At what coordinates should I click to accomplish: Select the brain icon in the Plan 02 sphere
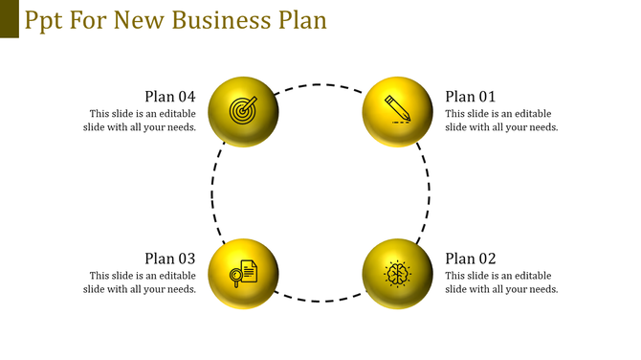(397, 273)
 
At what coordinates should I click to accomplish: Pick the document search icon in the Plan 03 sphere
(243, 273)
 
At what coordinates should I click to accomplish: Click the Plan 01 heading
(471, 96)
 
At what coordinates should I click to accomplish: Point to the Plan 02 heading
(471, 258)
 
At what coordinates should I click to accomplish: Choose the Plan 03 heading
(170, 258)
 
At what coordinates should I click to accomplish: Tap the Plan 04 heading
(170, 96)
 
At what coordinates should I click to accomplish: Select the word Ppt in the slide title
(46, 20)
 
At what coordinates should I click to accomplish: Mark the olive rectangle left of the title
(9, 19)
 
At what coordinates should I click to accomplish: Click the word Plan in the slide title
(298, 19)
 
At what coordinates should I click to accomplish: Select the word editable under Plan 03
(176, 276)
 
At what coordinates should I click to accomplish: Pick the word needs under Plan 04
(180, 127)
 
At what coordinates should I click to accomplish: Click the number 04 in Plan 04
(186, 96)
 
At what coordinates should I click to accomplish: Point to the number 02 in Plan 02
(486, 258)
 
